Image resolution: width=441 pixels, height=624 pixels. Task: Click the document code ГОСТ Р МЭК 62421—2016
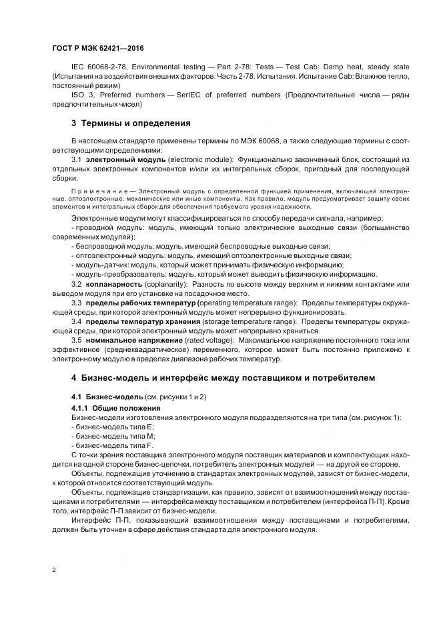tap(97, 49)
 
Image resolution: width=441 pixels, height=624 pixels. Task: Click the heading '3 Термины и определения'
tap(131, 123)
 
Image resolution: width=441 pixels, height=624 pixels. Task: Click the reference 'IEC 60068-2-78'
tap(98, 67)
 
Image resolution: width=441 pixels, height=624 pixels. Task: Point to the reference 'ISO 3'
tap(83, 95)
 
